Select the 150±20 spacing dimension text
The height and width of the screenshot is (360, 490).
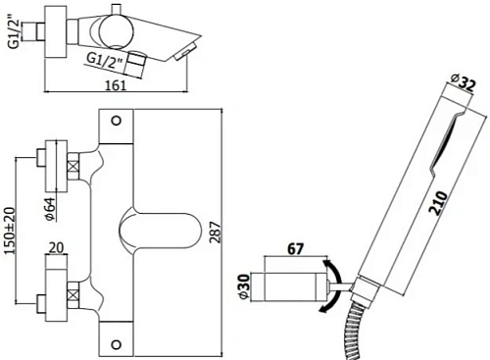coord(11,227)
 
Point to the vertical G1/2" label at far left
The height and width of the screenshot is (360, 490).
coord(11,33)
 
